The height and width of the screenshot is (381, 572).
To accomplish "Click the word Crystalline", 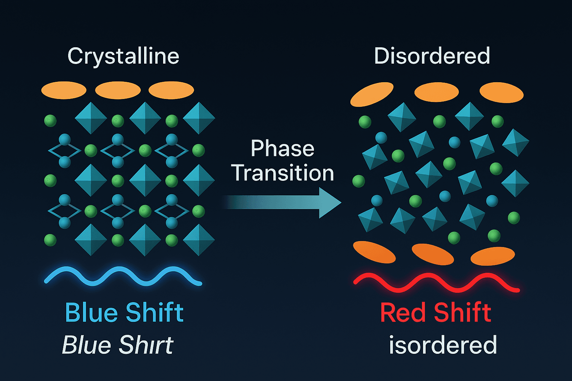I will point(123,57).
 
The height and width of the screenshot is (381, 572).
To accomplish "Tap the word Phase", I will point(282,148).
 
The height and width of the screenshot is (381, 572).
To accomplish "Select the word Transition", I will point(282,173).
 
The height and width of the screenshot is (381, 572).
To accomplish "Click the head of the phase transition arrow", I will point(330,202).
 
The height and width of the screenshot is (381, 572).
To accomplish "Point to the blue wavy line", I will point(123,276).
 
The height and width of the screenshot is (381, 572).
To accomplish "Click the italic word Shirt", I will point(146,345).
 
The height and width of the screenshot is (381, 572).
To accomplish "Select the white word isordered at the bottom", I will point(443,345).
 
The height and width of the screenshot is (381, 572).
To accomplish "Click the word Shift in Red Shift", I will point(462,312).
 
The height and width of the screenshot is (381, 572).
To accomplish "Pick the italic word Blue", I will point(86,345).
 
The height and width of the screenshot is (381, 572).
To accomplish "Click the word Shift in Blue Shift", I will point(155,312).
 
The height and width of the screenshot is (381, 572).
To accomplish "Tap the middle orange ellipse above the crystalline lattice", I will point(118,90).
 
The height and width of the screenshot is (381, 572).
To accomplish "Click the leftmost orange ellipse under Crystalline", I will point(64,90).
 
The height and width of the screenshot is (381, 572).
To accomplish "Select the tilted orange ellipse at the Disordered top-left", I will point(372,94).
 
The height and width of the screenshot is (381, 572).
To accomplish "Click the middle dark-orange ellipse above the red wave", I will point(433,254).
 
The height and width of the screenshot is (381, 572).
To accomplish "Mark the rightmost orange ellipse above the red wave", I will point(492,256).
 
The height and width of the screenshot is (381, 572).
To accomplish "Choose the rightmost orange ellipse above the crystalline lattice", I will point(171,90).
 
